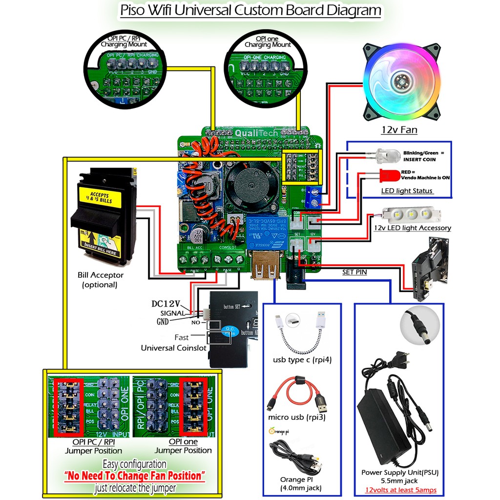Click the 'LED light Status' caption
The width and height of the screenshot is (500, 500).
tap(407, 190)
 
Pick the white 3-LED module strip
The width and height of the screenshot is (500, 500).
tap(412, 214)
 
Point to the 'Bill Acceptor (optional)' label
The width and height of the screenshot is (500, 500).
tap(100, 280)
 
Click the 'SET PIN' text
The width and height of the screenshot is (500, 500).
tap(354, 272)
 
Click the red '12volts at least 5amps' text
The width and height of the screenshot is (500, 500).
tap(400, 490)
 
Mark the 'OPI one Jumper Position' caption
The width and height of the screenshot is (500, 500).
tap(183, 446)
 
